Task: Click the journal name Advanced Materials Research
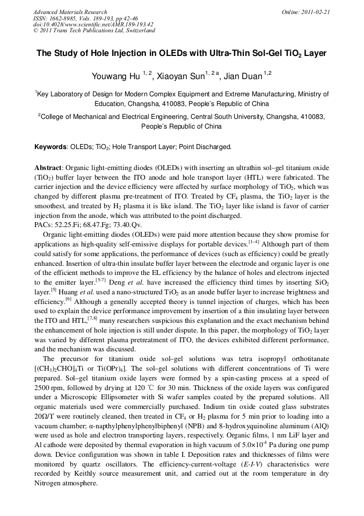[x=70, y=12]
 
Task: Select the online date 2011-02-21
[x=317, y=12]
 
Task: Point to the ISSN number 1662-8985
[x=61, y=18]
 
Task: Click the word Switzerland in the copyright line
[x=136, y=31]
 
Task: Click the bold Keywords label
[x=51, y=146]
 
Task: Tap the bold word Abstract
[x=48, y=167]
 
